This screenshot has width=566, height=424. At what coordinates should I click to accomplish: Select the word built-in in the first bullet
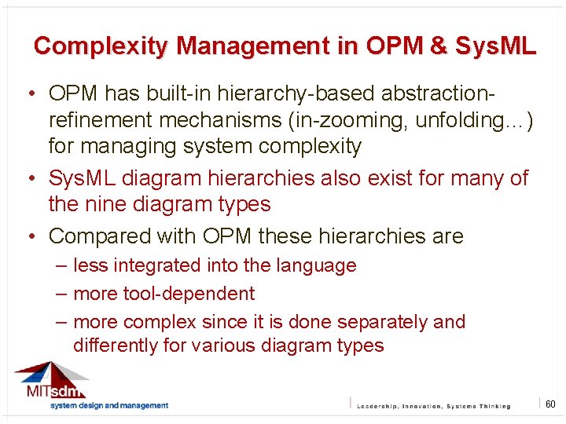point(167,93)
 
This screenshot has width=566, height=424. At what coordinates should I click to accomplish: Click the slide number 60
point(550,404)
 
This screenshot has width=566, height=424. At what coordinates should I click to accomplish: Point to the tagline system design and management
point(108,406)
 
